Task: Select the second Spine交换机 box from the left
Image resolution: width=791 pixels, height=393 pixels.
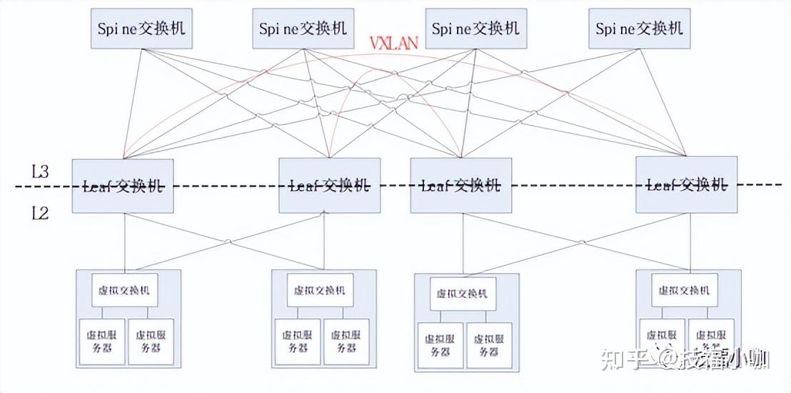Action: [303, 29]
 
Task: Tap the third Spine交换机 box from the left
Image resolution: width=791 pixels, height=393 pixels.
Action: [475, 29]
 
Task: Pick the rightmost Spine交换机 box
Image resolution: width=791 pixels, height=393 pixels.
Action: [640, 29]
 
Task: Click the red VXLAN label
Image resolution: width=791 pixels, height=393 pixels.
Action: [393, 43]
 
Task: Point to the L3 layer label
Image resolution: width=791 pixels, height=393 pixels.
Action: [40, 171]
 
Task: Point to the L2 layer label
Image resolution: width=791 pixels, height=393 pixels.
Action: [40, 212]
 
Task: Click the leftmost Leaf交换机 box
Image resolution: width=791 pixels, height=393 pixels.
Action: [123, 186]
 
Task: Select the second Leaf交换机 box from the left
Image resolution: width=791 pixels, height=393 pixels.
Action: [329, 186]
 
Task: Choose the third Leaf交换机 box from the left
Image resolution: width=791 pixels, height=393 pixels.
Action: [461, 186]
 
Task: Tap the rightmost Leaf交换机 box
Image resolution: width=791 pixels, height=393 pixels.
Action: [687, 186]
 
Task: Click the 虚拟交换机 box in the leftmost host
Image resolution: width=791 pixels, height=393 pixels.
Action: [125, 290]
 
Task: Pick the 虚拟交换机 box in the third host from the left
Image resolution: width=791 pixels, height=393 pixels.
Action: [463, 294]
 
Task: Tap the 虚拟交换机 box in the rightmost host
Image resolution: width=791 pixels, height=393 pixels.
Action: [684, 291]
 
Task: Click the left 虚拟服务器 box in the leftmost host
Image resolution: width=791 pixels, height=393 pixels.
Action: [101, 342]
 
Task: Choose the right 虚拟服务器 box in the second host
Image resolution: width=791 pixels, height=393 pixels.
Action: [346, 342]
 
